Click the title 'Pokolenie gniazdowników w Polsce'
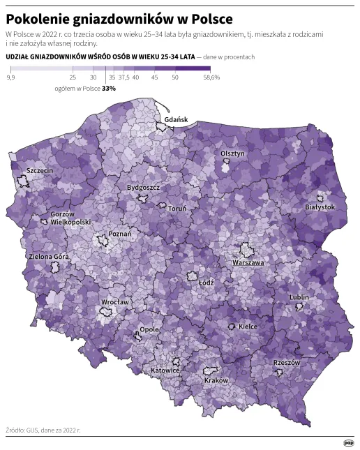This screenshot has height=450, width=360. (x=119, y=17)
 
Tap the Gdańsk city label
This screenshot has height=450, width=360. (x=176, y=120)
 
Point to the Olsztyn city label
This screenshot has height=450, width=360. (x=232, y=153)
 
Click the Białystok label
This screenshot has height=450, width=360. (x=320, y=207)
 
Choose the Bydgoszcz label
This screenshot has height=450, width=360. (x=144, y=188)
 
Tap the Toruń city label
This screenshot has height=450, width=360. (x=176, y=208)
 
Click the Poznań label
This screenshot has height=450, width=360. (x=119, y=234)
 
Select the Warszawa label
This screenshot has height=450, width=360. (x=248, y=263)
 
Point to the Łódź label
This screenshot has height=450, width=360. (x=206, y=283)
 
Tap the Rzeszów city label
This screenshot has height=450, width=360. (x=286, y=363)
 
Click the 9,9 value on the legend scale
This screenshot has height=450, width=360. (x=10, y=78)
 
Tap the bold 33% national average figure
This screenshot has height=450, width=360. (x=109, y=89)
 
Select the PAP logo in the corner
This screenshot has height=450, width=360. (x=348, y=442)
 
